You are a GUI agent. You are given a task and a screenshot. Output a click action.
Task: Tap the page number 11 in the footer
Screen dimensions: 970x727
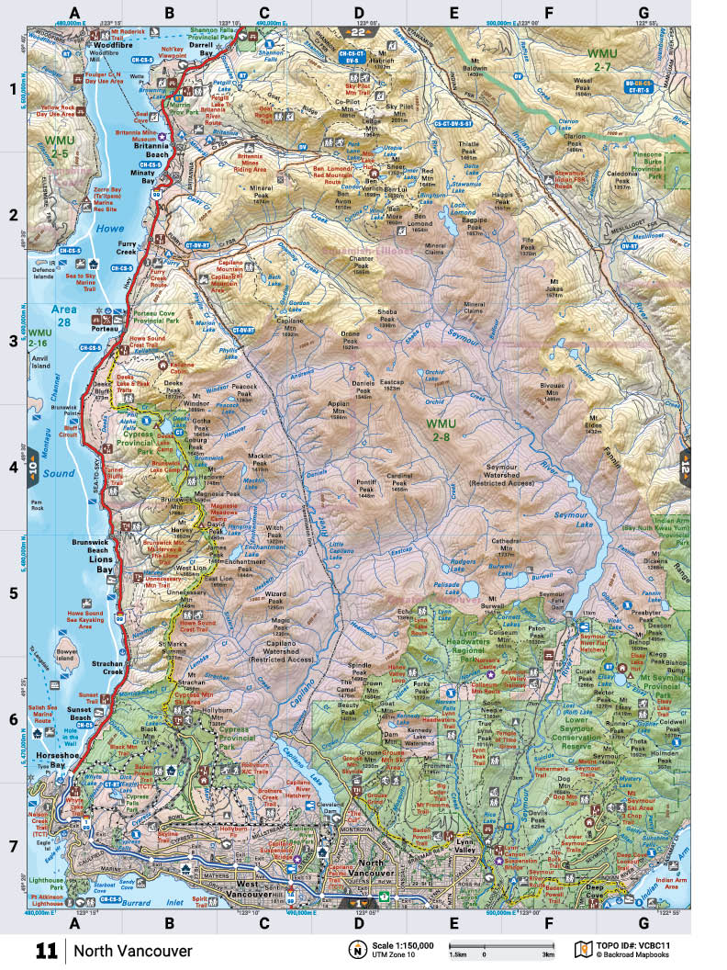[47, 951]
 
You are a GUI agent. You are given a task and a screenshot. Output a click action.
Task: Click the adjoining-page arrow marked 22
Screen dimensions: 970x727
[358, 33]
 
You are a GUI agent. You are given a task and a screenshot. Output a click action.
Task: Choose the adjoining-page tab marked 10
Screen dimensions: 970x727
[31, 468]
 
